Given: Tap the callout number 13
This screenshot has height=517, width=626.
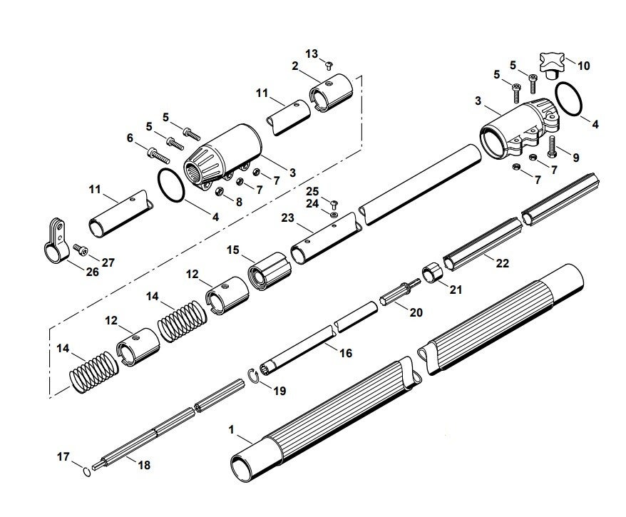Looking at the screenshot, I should pos(312,54).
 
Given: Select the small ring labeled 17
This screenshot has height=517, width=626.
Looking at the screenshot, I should pos(86,471).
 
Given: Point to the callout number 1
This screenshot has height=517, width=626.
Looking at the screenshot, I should pos(231,430).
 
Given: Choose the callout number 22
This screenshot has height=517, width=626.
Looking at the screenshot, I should pos(503,263).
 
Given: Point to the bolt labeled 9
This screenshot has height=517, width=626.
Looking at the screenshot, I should pos(554,147).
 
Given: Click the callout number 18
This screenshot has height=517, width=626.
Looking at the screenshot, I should pos(144,465).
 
